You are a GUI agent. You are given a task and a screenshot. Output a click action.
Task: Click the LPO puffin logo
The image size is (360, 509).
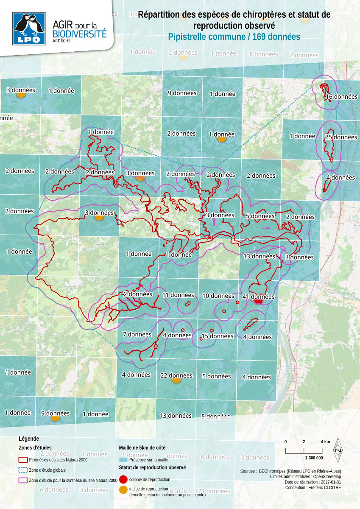click(29, 28)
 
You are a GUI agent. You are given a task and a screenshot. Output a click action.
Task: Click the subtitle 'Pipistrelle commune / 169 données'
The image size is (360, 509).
click(234, 36)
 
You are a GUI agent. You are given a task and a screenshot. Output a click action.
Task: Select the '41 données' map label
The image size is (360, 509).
click(258, 296)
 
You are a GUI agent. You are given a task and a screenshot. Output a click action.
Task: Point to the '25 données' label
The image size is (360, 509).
click(341, 137)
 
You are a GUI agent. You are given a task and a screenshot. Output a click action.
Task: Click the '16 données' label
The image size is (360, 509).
click(341, 96)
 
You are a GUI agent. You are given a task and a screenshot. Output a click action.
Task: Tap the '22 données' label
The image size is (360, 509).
click(176, 375)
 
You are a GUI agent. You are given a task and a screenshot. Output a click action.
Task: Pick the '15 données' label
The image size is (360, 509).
click(217, 336)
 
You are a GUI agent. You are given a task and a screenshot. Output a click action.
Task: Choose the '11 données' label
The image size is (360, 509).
click(178, 295)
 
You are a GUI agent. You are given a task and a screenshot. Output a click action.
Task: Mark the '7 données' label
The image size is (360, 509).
click(137, 334)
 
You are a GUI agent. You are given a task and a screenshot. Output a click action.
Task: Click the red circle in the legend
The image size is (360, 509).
click(123, 479)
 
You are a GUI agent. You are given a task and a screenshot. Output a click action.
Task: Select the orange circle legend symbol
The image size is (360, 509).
click(123, 490)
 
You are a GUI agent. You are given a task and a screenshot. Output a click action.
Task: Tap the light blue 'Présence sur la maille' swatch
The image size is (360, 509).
click(123, 459)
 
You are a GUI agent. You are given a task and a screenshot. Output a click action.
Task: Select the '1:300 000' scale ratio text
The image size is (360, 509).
click(314, 458)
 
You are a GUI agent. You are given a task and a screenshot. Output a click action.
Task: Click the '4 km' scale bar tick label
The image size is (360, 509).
click(325, 442)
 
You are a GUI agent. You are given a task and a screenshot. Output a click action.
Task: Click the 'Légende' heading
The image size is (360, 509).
click(29, 439)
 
